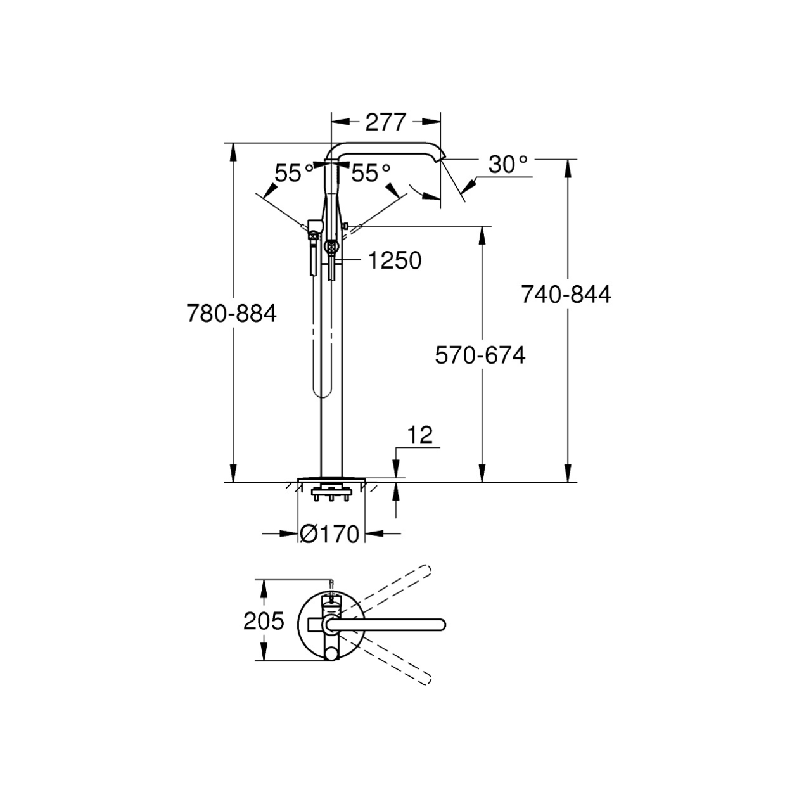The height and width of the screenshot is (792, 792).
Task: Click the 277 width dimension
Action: (x=385, y=122)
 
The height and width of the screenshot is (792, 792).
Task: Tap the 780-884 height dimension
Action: (x=231, y=314)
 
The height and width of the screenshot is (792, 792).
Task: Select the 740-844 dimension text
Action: (x=566, y=294)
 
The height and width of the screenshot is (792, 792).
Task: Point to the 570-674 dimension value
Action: (x=480, y=355)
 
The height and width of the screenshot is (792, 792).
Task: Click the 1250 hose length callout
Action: (x=395, y=260)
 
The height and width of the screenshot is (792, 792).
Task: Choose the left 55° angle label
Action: (x=294, y=172)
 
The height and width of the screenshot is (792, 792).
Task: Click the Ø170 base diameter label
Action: (x=329, y=534)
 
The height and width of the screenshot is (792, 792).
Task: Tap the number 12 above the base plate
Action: (x=420, y=435)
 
